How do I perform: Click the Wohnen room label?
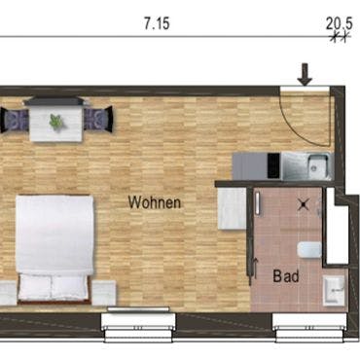pyautogui.click(x=155, y=202)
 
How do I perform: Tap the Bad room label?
pyautogui.click(x=286, y=276)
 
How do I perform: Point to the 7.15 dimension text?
pyautogui.click(x=157, y=24)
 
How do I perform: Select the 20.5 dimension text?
pyautogui.click(x=339, y=23)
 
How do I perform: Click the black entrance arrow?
pyautogui.click(x=305, y=75)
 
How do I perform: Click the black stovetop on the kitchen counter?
pyautogui.click(x=273, y=165)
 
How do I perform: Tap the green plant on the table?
pyautogui.click(x=56, y=122)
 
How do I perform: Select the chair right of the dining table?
pyautogui.click(x=98, y=120)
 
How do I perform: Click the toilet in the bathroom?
pyautogui.click(x=309, y=250)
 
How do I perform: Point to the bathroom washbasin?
pyautogui.click(x=334, y=290)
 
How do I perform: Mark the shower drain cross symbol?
pyautogui.click(x=303, y=204)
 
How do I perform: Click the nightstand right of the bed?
pyautogui.click(x=104, y=293)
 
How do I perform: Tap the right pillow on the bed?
pyautogui.click(x=69, y=288)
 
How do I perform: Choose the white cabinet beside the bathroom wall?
pyautogui.click(x=232, y=208)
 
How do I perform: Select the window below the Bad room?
pyautogui.click(x=310, y=327)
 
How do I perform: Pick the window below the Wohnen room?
pyautogui.click(x=138, y=326)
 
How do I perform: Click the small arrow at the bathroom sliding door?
pyautogui.click(x=256, y=268)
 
